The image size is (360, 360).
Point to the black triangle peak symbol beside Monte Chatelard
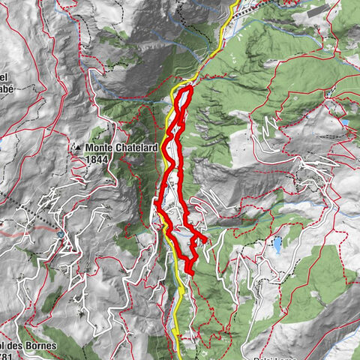(x=77, y=148)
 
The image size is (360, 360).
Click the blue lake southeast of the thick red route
(x=278, y=244)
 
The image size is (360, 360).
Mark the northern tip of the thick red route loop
(x=186, y=88)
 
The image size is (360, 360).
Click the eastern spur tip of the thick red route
(x=205, y=240)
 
